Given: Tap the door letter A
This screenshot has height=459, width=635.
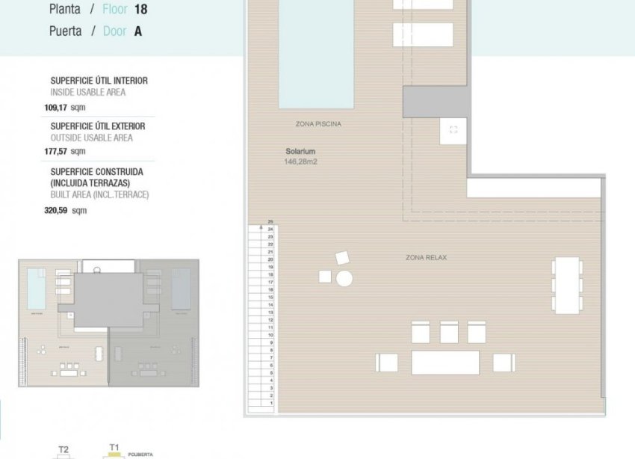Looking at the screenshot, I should [x=137, y=31].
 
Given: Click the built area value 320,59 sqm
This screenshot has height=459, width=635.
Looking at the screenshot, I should [x=66, y=210].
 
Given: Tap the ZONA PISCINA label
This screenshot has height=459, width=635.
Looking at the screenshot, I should [x=318, y=124].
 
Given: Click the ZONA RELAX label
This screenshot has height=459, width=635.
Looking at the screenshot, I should [x=426, y=258].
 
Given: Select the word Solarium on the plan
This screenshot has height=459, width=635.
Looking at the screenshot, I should [x=300, y=151].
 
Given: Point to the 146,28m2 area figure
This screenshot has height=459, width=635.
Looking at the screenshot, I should [x=301, y=161].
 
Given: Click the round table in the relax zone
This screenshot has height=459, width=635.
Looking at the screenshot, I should [x=344, y=279].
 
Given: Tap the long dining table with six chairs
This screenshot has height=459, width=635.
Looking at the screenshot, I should [x=566, y=285].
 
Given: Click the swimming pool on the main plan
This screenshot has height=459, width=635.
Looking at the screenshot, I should [x=316, y=52].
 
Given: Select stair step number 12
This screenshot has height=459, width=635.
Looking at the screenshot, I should [x=270, y=320].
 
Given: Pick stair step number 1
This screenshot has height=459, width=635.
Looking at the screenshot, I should [x=270, y=404].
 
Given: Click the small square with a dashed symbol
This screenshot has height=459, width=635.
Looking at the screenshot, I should [x=453, y=130].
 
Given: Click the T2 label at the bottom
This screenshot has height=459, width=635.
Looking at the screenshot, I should [x=63, y=449].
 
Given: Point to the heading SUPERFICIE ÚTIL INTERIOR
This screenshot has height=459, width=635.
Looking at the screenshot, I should [x=99, y=81].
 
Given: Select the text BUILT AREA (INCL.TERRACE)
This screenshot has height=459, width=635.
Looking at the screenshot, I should [x=99, y=194].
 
